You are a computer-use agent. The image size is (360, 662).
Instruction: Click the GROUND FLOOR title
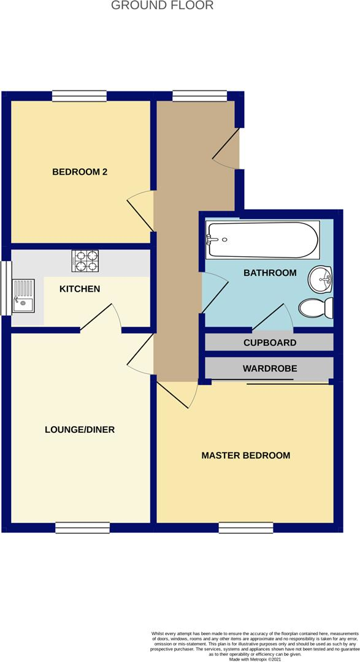(x=163, y=5)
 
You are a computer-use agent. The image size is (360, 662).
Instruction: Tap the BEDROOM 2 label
(x=80, y=172)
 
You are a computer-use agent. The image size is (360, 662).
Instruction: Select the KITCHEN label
(x=80, y=289)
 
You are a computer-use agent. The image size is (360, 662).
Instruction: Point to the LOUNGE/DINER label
(x=80, y=430)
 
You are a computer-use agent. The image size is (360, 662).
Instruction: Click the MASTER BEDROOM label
(x=245, y=455)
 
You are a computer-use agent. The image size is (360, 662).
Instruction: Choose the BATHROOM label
(x=270, y=273)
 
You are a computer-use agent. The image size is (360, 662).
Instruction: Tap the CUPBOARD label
(x=270, y=343)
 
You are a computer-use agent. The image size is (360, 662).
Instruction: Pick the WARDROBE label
(x=270, y=368)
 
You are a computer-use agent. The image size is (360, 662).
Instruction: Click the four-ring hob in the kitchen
(x=85, y=261)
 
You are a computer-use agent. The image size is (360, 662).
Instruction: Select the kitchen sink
(x=23, y=296)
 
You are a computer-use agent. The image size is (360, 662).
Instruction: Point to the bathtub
(x=262, y=240)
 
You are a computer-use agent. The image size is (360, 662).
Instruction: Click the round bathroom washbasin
(x=320, y=279)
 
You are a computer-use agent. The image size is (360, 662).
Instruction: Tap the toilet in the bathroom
(x=316, y=308)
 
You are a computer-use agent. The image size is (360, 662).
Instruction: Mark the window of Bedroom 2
(x=80, y=96)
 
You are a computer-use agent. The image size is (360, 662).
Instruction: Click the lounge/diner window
(x=82, y=528)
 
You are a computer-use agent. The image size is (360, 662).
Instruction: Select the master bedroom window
(x=246, y=528)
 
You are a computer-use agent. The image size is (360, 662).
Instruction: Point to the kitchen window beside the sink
(x=6, y=288)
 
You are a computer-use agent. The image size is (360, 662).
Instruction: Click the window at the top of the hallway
(x=199, y=96)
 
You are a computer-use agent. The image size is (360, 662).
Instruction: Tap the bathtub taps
(x=210, y=240)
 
